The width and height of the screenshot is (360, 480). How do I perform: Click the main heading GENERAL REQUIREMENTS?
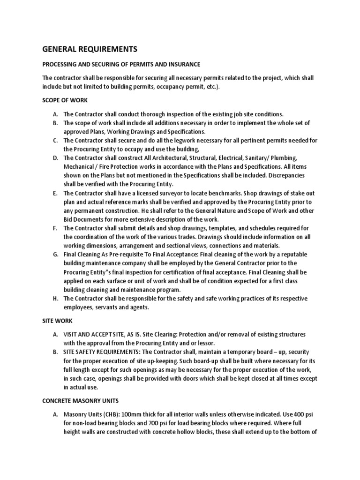pos(90,49)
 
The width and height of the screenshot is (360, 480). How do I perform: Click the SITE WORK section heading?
pos(57,321)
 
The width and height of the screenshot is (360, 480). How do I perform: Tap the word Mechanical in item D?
pos(80,166)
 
